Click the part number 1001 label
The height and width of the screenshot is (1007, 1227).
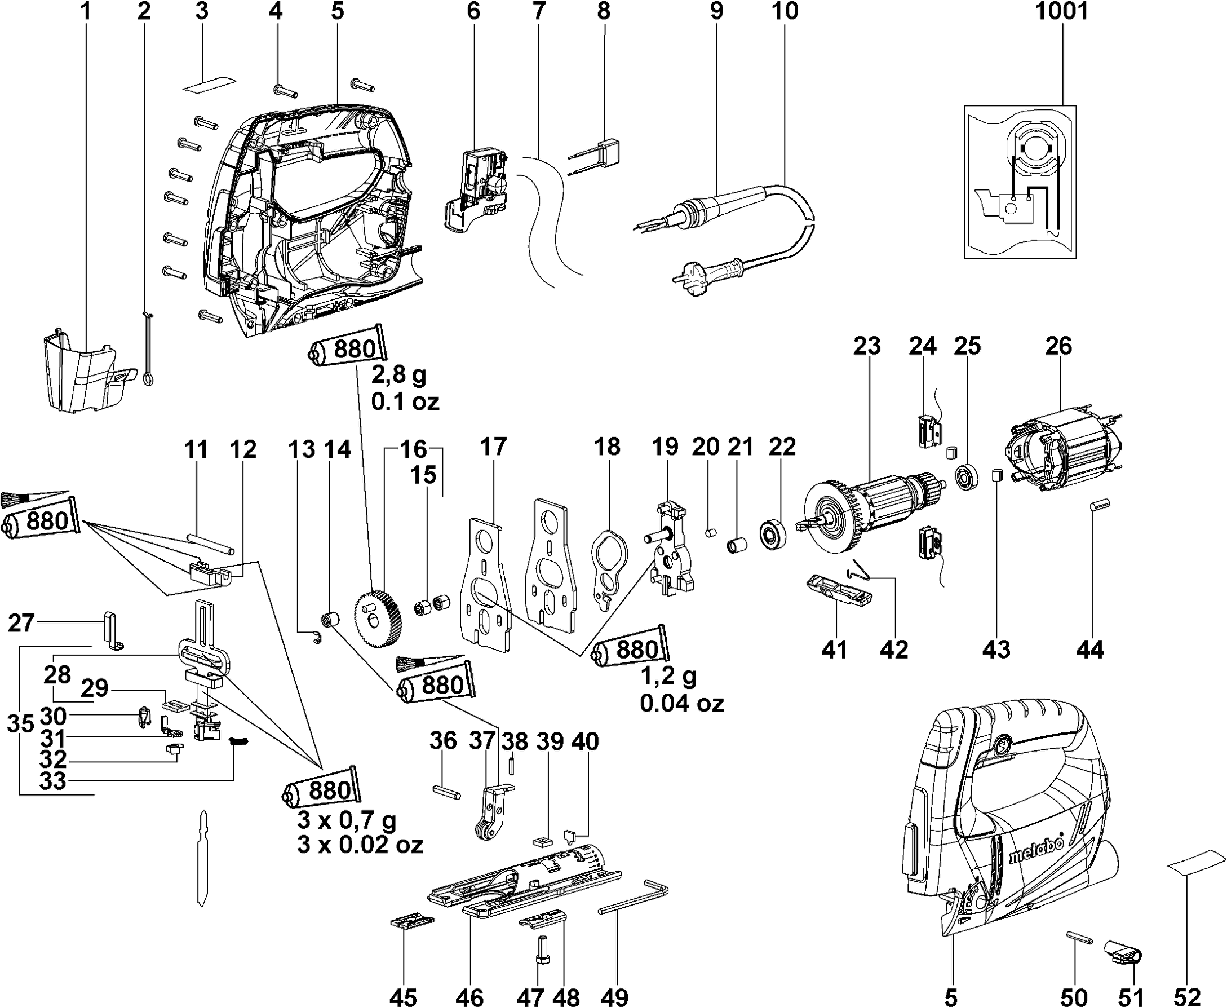point(1061,12)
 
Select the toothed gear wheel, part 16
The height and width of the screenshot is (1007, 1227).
point(378,618)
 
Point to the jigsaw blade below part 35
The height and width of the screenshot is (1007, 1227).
point(202,858)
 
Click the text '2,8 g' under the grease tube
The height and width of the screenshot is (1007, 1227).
point(398,376)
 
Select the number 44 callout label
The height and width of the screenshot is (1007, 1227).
point(1089,650)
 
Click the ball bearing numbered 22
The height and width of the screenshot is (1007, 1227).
point(773,535)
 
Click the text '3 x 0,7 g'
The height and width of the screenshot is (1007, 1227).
point(346,820)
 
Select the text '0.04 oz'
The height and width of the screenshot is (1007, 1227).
point(682,704)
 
